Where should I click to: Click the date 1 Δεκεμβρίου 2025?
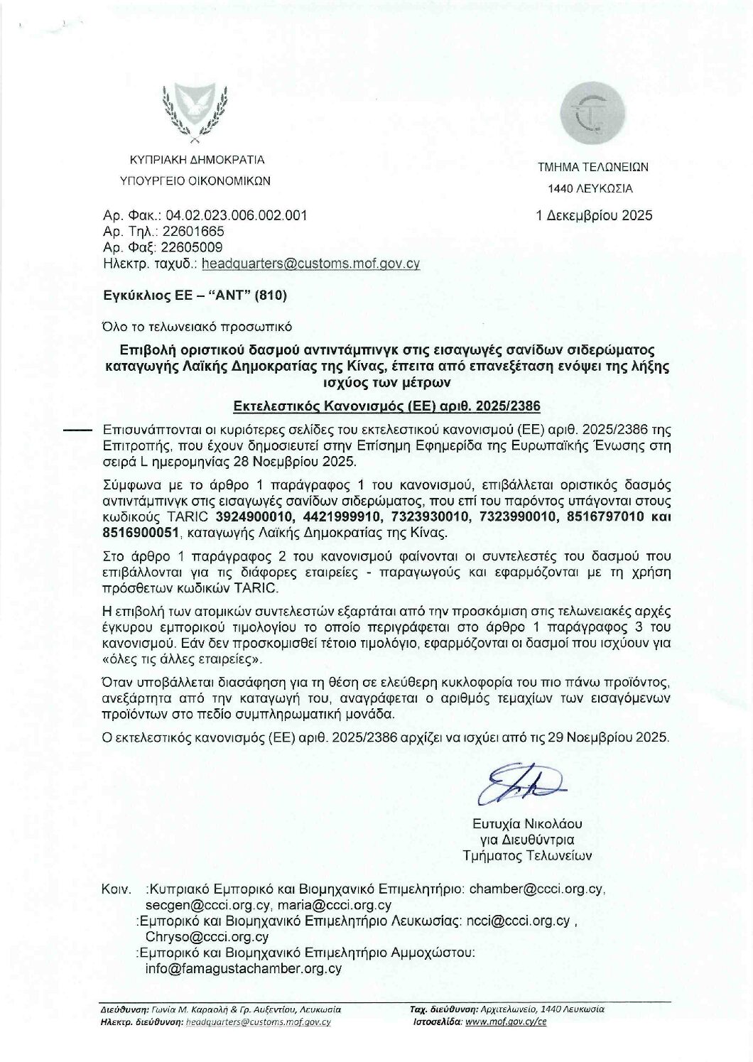click(x=595, y=215)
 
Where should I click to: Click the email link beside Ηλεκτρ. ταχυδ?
click(x=310, y=263)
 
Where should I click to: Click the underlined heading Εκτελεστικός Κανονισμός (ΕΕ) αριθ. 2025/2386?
click(x=388, y=406)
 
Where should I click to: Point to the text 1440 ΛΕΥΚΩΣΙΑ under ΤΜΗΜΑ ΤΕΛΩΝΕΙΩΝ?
click(x=589, y=189)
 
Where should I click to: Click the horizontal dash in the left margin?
click(x=77, y=430)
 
